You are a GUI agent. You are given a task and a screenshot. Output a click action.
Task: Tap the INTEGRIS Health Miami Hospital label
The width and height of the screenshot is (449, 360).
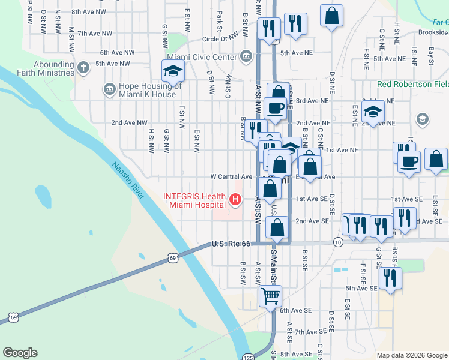(x=195, y=201)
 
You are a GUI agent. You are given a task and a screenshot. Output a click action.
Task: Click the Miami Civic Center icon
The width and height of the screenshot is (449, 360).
(x=246, y=57)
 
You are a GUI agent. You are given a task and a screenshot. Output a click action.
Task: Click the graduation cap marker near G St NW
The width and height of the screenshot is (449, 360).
(x=173, y=71)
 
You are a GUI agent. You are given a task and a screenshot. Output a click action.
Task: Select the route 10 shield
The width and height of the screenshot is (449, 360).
(x=339, y=242)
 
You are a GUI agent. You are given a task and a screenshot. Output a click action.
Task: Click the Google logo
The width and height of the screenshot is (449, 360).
(x=20, y=353)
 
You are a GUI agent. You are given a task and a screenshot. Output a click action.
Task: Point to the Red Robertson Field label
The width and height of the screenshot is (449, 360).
(x=413, y=85)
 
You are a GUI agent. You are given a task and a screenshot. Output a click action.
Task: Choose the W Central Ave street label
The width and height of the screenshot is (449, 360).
(x=231, y=177)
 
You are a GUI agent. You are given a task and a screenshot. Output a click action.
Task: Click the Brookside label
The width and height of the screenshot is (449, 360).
(x=433, y=32)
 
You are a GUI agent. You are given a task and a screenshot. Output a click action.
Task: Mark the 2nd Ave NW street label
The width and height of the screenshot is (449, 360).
(x=129, y=123)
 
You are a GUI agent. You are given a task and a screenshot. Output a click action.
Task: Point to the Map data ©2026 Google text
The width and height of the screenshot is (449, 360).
(x=412, y=355)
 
